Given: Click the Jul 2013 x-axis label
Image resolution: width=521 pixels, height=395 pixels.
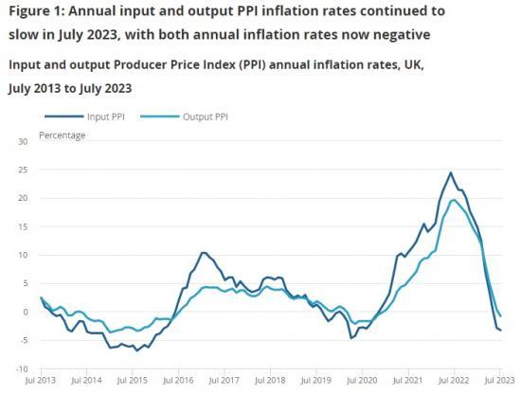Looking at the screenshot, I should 42,381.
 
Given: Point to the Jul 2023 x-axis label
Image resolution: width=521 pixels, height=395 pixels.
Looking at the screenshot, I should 486,381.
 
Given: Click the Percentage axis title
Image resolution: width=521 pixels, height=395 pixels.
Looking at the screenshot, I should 62,135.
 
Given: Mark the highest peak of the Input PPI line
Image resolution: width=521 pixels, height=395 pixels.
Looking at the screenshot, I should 451,173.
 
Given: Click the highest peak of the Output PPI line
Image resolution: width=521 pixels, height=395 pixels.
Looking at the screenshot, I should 455,200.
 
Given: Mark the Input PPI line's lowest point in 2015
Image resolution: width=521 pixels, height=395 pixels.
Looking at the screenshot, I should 136,350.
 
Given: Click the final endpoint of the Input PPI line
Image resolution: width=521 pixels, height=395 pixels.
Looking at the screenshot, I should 500,331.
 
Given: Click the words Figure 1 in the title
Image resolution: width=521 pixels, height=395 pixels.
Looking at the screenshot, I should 35,12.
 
